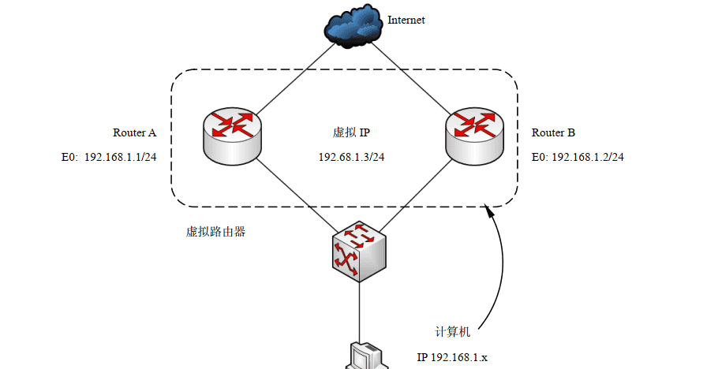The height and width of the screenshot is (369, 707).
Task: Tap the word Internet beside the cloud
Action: click(406, 20)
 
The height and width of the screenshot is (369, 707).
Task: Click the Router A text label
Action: click(135, 132)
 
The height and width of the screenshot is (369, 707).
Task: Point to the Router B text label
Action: click(553, 132)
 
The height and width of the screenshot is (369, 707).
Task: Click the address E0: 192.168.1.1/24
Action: click(109, 157)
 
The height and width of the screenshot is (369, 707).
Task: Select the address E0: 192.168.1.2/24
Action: click(578, 157)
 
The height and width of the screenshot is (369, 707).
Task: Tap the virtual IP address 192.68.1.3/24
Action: click(351, 157)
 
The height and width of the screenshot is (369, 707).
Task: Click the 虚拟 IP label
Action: click(352, 132)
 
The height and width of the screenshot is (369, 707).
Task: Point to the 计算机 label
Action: click(454, 331)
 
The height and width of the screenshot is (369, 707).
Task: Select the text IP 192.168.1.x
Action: click(452, 357)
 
